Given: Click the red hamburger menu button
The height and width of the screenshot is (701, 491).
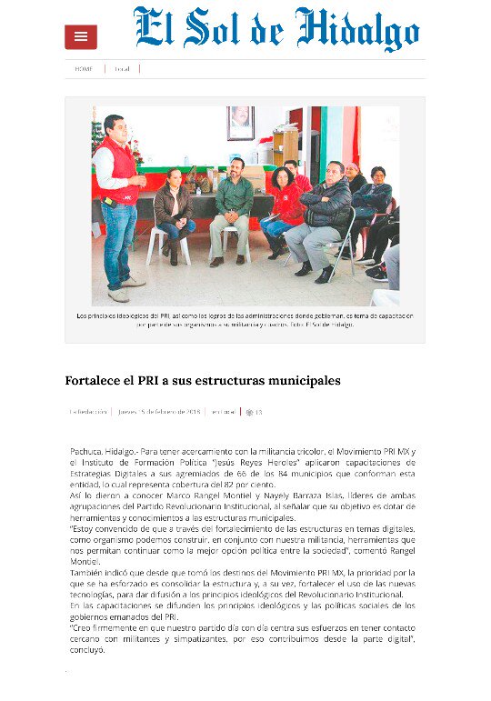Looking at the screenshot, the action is [81, 36].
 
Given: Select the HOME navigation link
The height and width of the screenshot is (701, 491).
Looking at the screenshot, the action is [84, 68].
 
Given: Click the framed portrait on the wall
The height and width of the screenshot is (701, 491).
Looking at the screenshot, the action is [241, 123].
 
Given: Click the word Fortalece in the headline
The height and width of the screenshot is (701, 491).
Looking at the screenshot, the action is [95, 380].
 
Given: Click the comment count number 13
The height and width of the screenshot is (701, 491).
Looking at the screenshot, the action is [258, 412].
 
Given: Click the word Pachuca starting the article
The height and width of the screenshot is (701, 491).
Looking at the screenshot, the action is [89, 450].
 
